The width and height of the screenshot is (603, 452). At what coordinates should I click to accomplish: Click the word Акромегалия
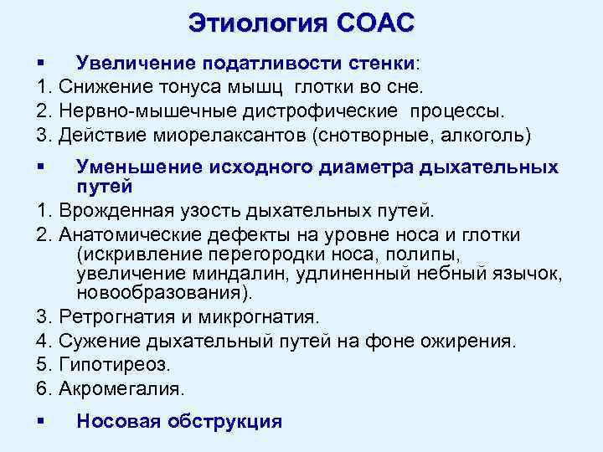click(x=124, y=388)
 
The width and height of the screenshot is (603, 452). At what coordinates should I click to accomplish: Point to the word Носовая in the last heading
click(x=118, y=421)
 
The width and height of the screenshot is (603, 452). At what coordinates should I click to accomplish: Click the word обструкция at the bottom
click(x=224, y=421)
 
